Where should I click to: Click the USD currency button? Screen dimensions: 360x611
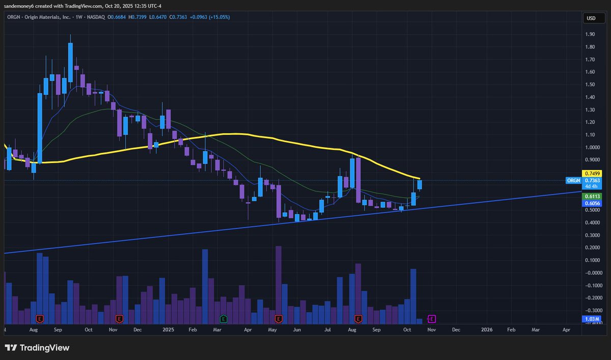coord(591,18)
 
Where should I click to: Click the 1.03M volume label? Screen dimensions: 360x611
coord(591,319)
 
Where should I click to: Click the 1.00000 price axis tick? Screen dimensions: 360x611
coord(592,148)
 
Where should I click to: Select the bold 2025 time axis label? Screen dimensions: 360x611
coord(169,330)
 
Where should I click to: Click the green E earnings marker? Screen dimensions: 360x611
coord(223,319)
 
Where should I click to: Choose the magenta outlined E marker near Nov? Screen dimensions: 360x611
coord(431,319)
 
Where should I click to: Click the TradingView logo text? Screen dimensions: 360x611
coord(44,348)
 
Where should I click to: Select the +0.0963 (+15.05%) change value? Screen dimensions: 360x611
coord(210,17)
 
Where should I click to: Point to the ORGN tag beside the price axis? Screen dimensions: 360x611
coord(573,180)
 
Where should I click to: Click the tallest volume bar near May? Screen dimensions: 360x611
coord(279,285)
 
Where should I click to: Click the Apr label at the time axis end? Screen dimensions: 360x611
coord(566,330)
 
